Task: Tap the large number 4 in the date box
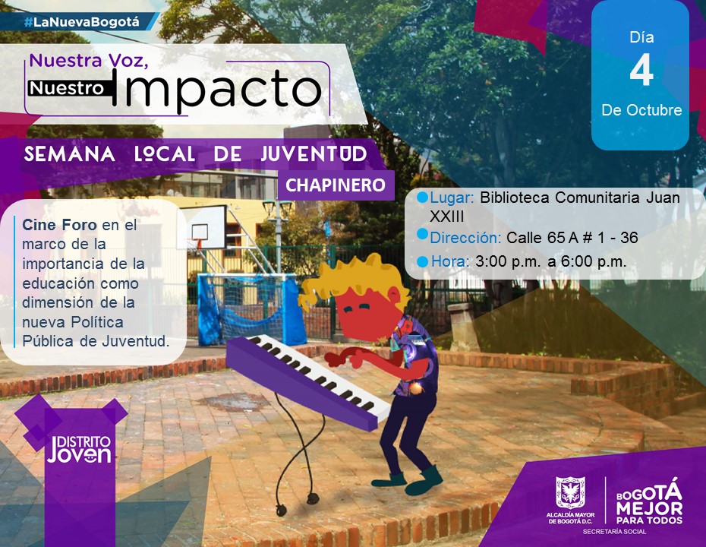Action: [641, 72]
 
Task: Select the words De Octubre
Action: [641, 110]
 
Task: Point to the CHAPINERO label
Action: [336, 185]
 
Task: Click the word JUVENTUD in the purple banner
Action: [314, 154]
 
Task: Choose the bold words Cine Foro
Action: [59, 224]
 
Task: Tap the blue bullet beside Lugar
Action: [422, 198]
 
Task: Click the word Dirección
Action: [465, 238]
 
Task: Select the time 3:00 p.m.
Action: [507, 261]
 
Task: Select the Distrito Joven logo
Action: [79, 449]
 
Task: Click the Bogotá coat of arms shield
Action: [570, 493]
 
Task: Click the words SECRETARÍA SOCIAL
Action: [614, 532]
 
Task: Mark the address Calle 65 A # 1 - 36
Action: [572, 238]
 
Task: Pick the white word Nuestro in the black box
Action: [68, 88]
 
